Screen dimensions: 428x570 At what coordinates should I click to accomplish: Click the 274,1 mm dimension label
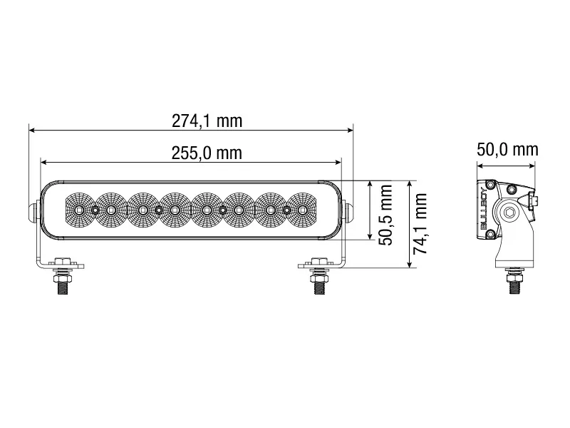pyautogui.click(x=207, y=121)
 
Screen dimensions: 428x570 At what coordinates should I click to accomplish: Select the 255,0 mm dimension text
pyautogui.click(x=207, y=153)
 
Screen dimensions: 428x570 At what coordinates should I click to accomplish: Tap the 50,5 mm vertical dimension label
pyautogui.click(x=386, y=215)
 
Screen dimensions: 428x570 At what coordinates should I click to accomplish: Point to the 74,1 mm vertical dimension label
pyautogui.click(x=420, y=223)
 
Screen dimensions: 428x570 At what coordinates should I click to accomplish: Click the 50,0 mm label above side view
pyautogui.click(x=507, y=149)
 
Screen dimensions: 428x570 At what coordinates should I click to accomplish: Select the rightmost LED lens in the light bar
pyautogui.click(x=303, y=210)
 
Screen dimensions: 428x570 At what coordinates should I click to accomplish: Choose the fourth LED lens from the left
pyautogui.click(x=175, y=210)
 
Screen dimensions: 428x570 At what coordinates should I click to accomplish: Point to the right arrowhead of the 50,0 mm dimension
pyautogui.click(x=534, y=165)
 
